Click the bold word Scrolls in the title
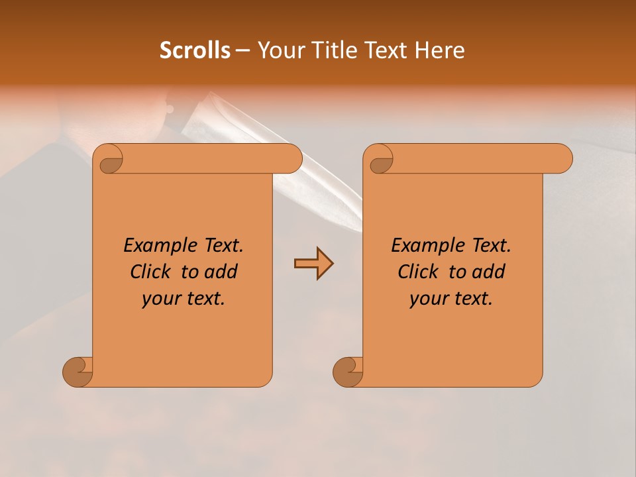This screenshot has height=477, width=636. (195, 50)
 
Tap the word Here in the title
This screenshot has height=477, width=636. (440, 50)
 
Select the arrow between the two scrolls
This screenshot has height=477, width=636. (313, 264)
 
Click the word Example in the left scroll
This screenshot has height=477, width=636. (154, 246)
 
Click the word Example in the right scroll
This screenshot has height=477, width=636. (422, 246)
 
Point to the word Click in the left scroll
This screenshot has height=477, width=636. (151, 272)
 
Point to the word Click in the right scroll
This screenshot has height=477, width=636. (419, 272)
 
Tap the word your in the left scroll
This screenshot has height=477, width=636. (161, 299)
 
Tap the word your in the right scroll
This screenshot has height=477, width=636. (429, 299)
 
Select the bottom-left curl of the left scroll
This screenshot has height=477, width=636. (78, 372)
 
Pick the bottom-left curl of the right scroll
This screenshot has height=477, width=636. (348, 372)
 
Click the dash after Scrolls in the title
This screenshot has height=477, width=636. (242, 51)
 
